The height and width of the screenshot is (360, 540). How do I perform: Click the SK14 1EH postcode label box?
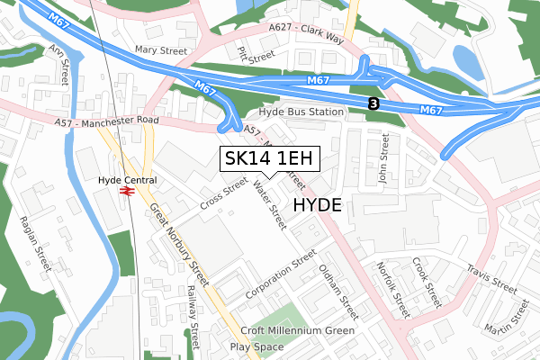[x=270, y=158]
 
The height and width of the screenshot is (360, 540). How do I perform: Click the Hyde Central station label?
[x=127, y=180]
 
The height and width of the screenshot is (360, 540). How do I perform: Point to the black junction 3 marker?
[x=373, y=104]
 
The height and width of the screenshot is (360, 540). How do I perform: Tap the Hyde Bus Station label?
[x=301, y=112]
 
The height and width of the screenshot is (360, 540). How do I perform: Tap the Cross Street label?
[x=223, y=191]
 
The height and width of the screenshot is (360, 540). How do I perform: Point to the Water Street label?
[x=269, y=201]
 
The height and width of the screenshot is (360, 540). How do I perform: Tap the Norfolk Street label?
[x=393, y=291]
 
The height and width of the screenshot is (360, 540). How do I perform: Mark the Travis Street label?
[x=490, y=278]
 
